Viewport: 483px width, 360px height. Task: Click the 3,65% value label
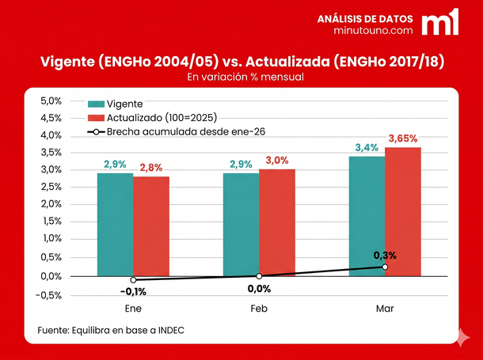(x=403, y=138)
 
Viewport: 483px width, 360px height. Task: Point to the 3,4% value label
(x=367, y=148)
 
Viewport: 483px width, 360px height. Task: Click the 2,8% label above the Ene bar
(x=151, y=168)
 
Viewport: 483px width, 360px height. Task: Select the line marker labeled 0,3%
(x=385, y=267)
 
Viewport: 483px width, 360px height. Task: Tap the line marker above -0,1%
(x=133, y=280)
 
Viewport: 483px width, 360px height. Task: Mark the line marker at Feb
(x=259, y=275)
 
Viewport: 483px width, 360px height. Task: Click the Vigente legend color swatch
(x=96, y=104)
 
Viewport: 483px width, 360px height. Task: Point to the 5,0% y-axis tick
(x=51, y=101)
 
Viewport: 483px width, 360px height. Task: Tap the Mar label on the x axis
(x=385, y=309)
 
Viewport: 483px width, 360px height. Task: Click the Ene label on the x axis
(x=133, y=309)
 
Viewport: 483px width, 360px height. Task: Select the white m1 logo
(x=439, y=22)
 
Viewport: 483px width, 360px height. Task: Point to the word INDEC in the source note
(x=169, y=330)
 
